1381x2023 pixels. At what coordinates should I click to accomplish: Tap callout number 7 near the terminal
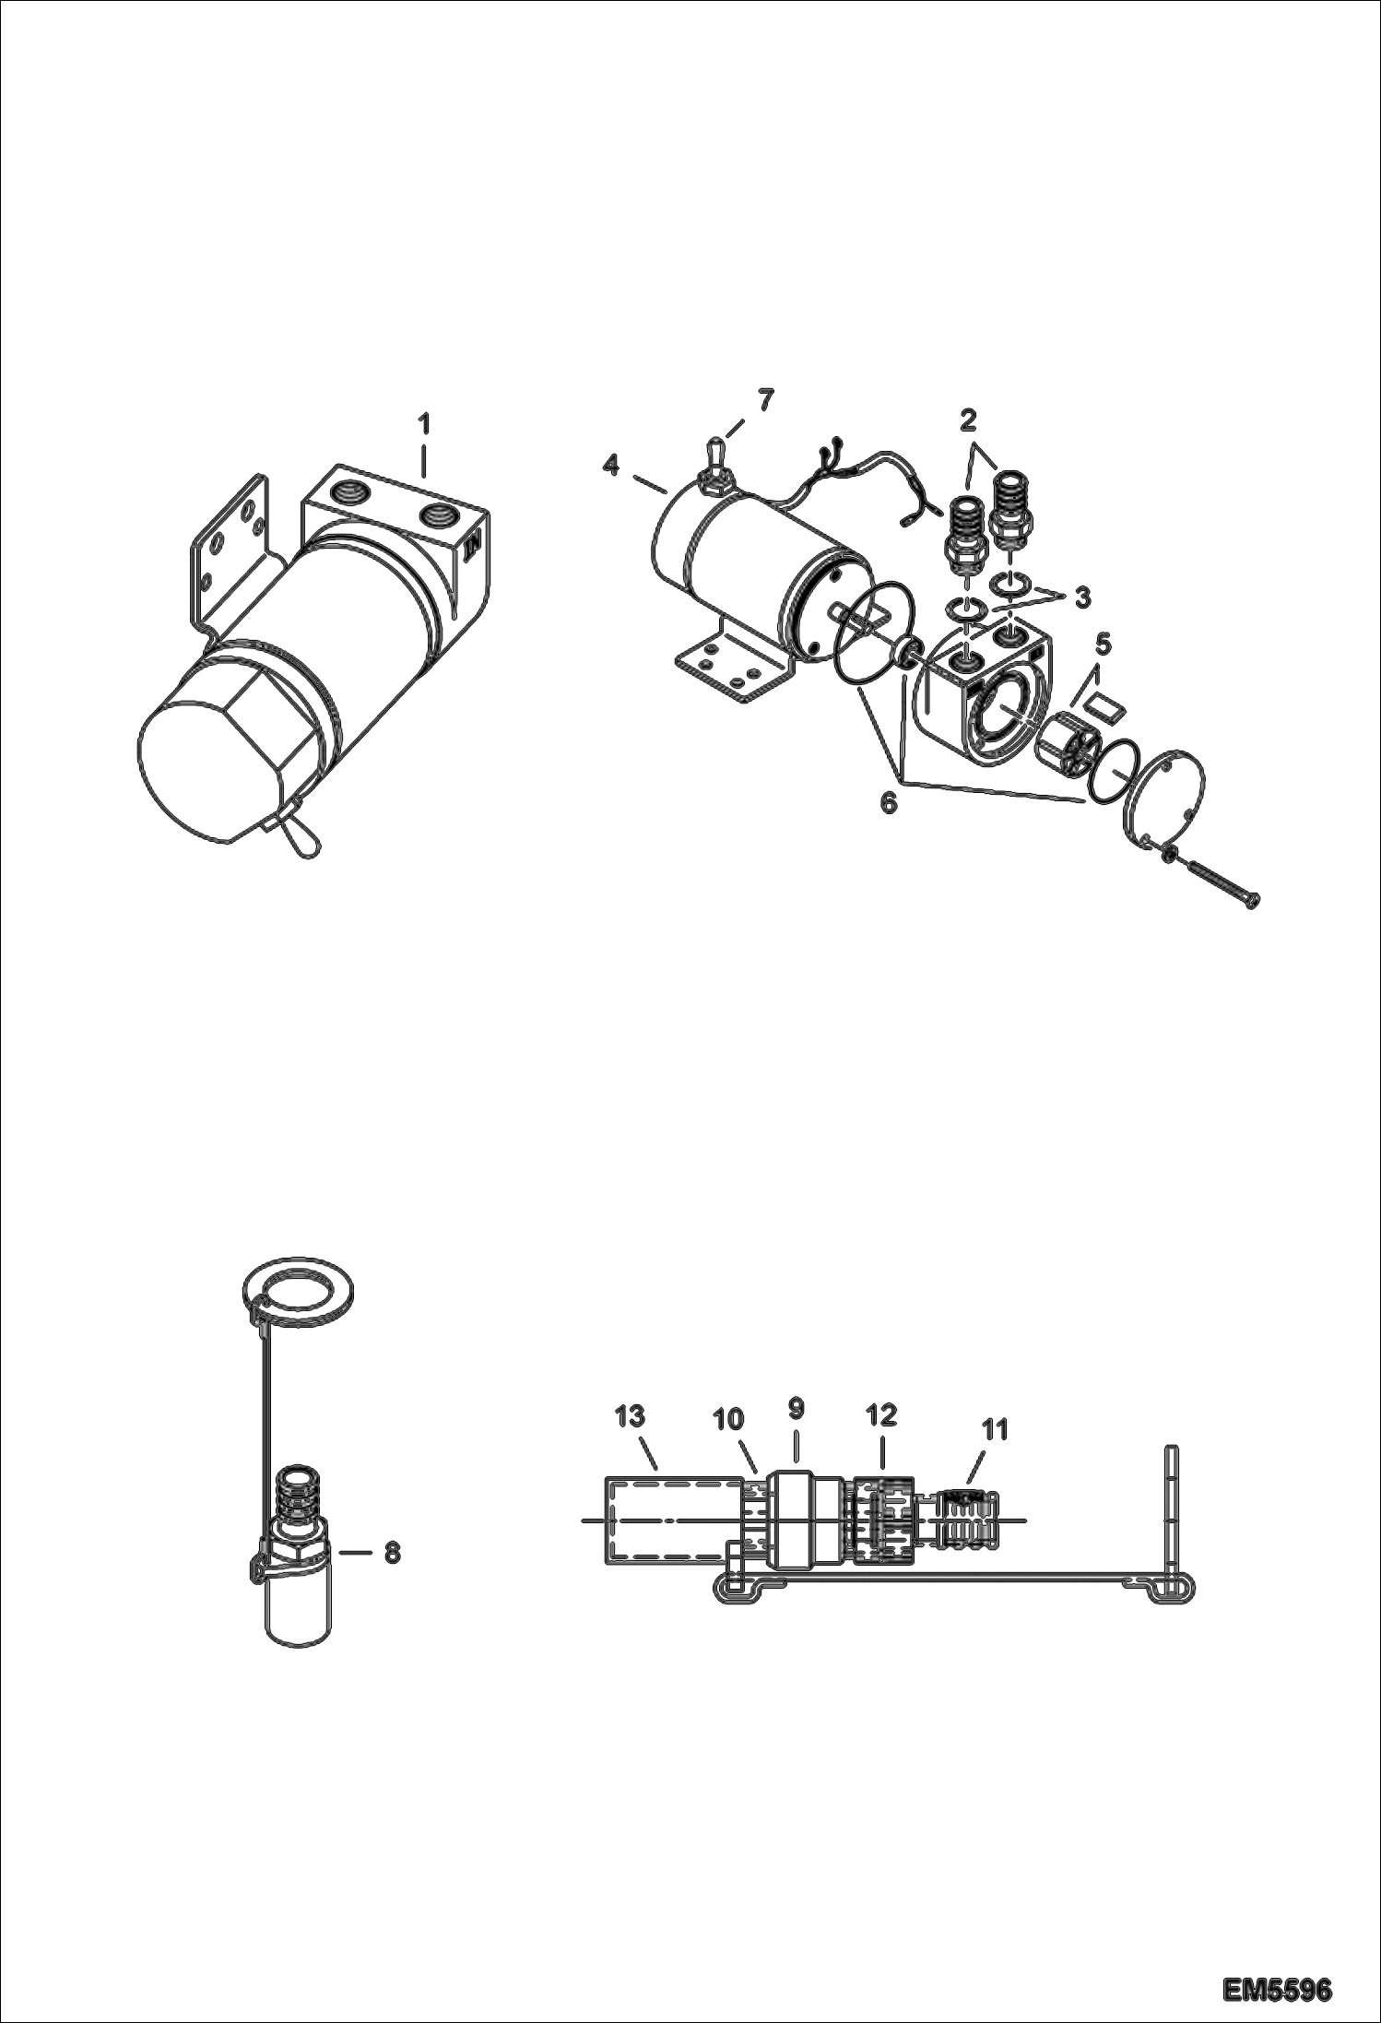pyautogui.click(x=766, y=400)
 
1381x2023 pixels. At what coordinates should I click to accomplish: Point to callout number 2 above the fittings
pyautogui.click(x=967, y=420)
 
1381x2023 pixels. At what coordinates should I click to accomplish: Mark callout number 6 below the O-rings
pyautogui.click(x=887, y=802)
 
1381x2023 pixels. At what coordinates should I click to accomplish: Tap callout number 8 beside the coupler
pyautogui.click(x=392, y=1552)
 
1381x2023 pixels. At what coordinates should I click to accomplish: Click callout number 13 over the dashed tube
pyautogui.click(x=631, y=1416)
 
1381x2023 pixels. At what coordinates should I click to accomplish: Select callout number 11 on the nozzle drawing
pyautogui.click(x=994, y=1429)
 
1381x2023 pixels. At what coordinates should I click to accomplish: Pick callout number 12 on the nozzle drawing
pyautogui.click(x=881, y=1414)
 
